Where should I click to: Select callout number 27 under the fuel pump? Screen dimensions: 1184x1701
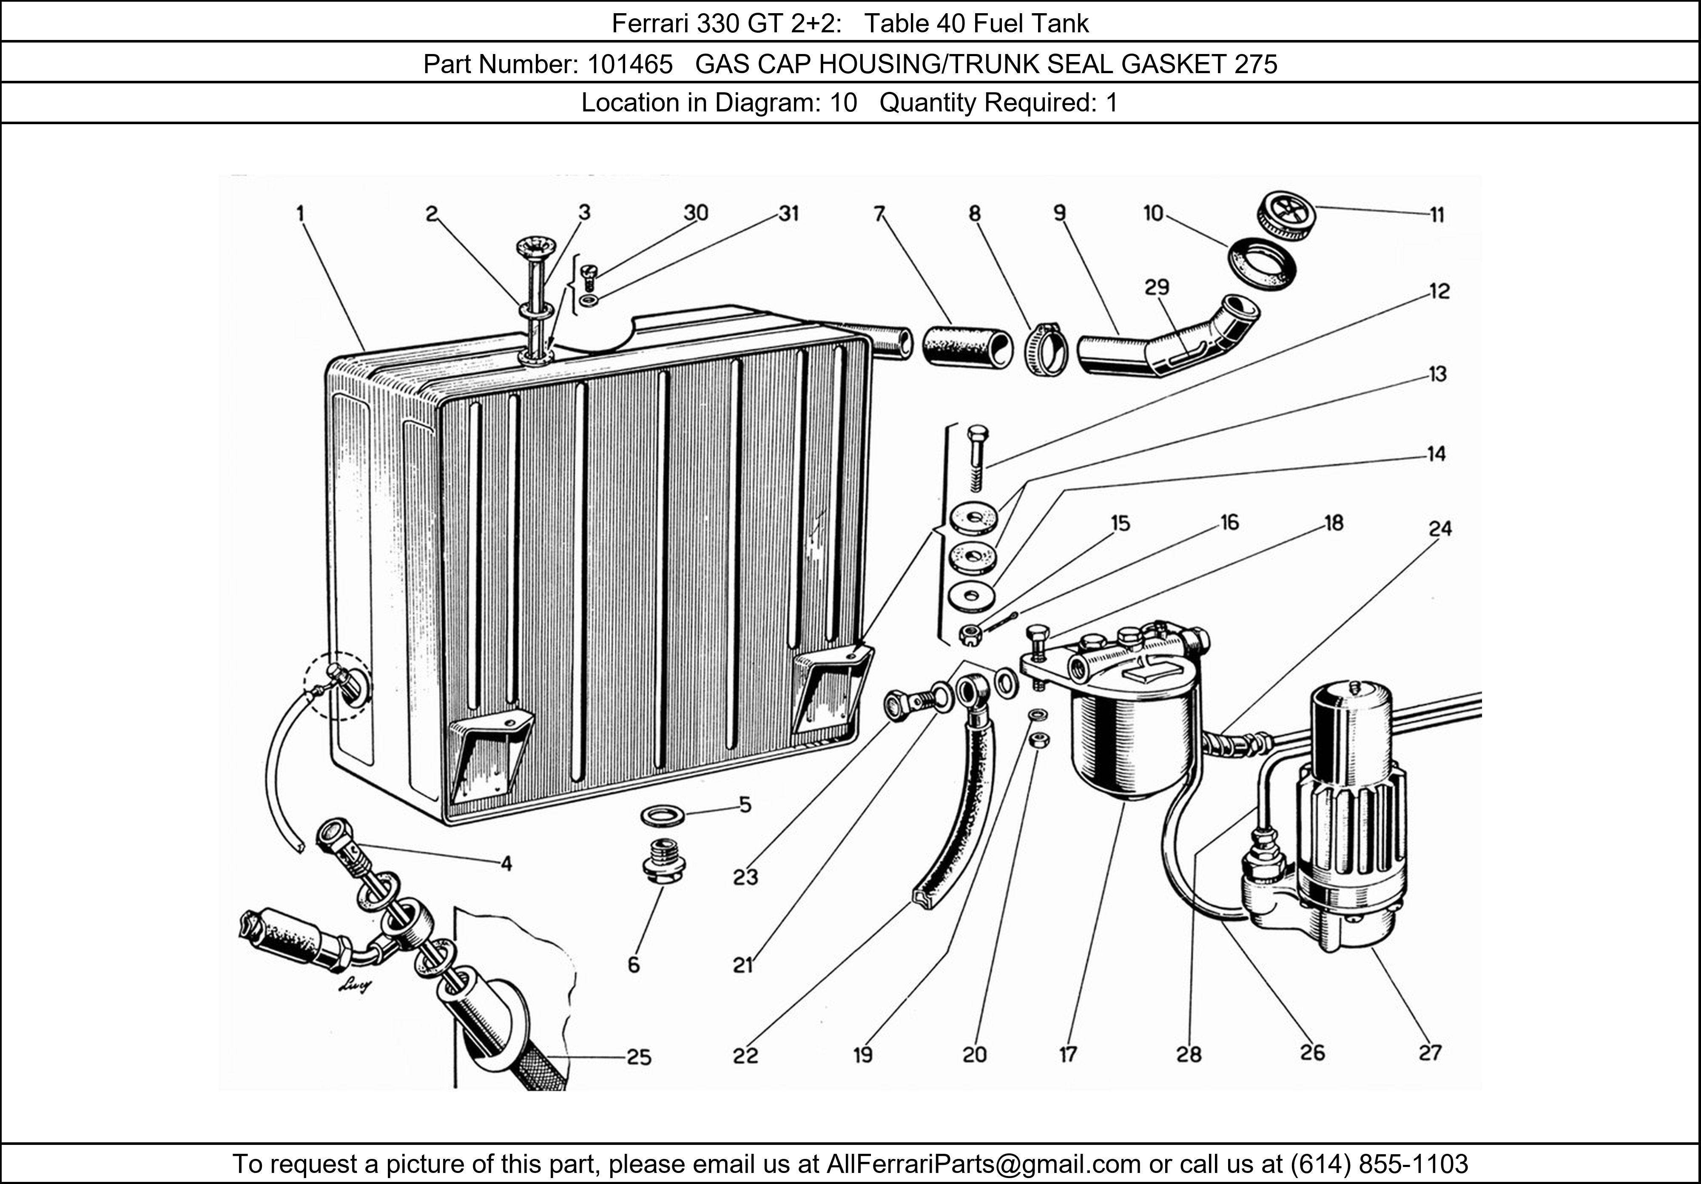coord(1430,1053)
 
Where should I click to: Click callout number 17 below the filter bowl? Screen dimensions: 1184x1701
coord(1067,1054)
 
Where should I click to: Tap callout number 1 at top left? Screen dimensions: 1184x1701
coord(300,214)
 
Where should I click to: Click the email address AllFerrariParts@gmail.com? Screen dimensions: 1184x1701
coord(983,1164)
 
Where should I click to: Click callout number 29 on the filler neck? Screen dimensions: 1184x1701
coord(1157,287)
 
